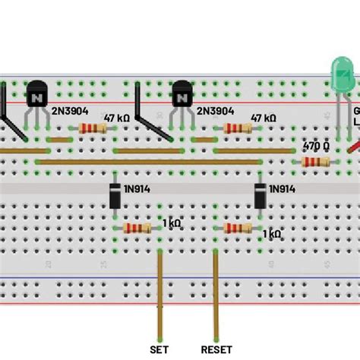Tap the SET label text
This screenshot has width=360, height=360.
pyautogui.click(x=159, y=349)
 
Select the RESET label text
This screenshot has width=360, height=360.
pyautogui.click(x=216, y=349)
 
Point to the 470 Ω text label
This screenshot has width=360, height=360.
pyautogui.click(x=316, y=144)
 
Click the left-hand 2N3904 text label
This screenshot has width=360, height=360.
pyautogui.click(x=68, y=111)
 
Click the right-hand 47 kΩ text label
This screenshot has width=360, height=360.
pyautogui.click(x=263, y=118)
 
